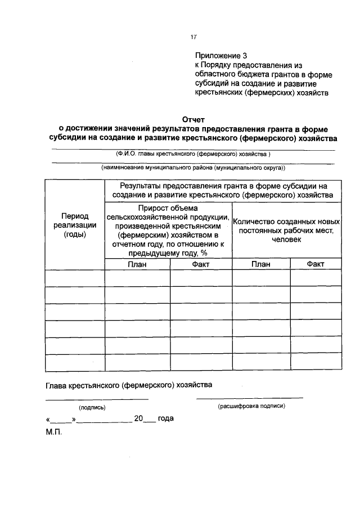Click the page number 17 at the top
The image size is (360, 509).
[193, 37]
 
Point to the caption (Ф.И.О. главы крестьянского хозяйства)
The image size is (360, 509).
[193, 153]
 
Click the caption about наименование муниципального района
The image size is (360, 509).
[193, 168]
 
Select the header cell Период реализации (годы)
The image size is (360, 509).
[75, 225]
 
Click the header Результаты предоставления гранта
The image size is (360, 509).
[223, 190]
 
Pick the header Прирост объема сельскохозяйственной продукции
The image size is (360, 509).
[168, 231]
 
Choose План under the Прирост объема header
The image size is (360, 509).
[137, 264]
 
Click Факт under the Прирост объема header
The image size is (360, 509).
[201, 264]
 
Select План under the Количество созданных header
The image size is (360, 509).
[260, 264]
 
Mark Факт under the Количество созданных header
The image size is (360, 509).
[316, 264]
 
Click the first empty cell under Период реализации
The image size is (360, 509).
[75, 278]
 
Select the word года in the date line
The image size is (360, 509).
[166, 418]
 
